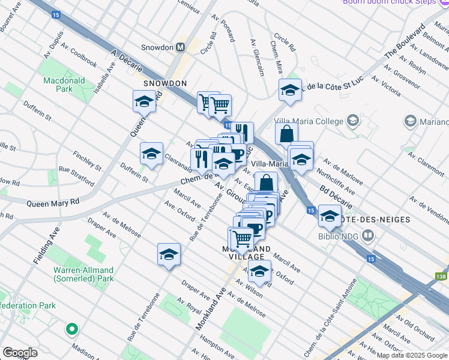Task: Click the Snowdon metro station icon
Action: tap(179, 47)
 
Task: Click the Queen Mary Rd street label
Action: tap(53, 203)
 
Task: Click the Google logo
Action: tap(20, 352)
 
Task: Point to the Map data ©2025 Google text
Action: tap(411, 355)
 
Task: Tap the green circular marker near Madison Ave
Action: tap(72, 329)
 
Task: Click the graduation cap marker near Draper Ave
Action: tap(169, 254)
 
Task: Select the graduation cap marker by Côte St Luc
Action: tap(290, 90)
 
